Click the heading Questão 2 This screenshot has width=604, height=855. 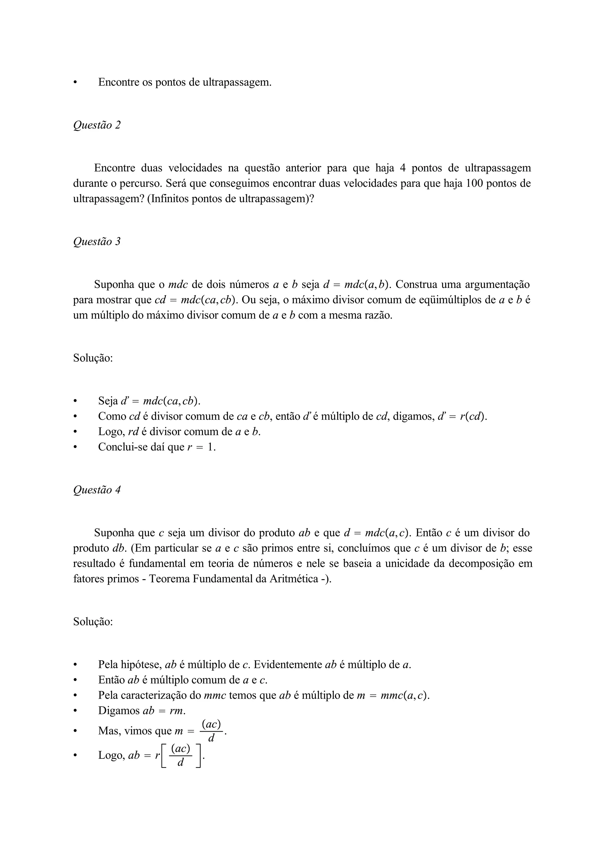[x=97, y=125]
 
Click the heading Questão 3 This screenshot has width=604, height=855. [x=97, y=242]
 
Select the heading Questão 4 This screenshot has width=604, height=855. [x=97, y=490]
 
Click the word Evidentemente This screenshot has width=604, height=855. [x=288, y=665]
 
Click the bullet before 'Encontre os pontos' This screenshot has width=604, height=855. [x=75, y=82]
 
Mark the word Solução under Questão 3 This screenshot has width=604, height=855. [x=93, y=358]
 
